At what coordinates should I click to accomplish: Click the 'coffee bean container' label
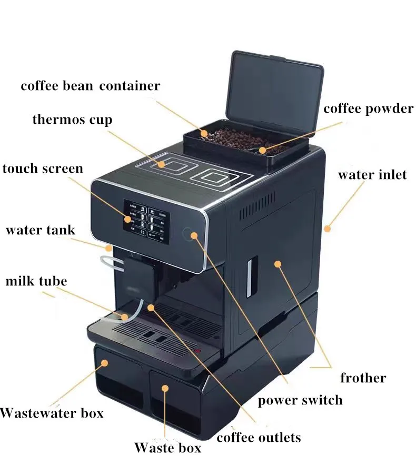(90, 86)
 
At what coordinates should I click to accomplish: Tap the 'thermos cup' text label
(72, 120)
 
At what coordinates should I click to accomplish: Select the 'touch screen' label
(43, 169)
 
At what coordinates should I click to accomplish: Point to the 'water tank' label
(40, 230)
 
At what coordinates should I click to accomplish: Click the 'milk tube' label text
(36, 281)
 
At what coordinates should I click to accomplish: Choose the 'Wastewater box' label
(52, 412)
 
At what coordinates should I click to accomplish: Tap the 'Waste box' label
(167, 448)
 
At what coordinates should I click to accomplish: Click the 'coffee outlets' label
(259, 437)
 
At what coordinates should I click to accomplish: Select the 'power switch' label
(300, 400)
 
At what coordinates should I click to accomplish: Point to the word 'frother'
(363, 378)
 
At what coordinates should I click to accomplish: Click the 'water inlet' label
(372, 175)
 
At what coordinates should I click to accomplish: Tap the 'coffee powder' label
(368, 109)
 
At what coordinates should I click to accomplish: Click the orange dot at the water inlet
(327, 229)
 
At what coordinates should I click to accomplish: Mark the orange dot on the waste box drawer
(165, 388)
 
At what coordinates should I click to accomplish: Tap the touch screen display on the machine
(146, 222)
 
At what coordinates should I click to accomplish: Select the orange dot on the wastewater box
(105, 363)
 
